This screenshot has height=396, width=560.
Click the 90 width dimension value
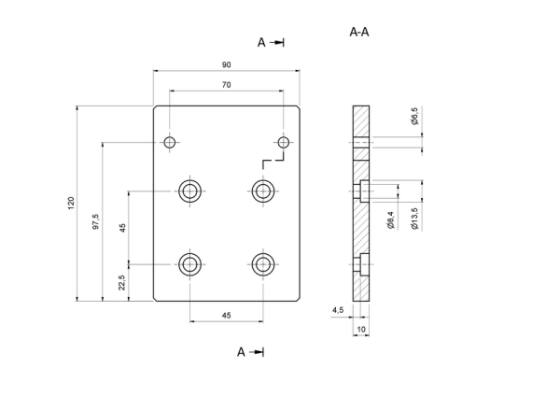click(227, 64)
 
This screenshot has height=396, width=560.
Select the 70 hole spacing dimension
click(227, 85)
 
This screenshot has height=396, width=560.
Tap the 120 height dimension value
click(71, 203)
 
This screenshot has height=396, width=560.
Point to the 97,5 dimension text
click(96, 221)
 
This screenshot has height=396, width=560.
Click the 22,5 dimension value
click(122, 282)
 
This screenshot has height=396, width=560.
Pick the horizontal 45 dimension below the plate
click(227, 316)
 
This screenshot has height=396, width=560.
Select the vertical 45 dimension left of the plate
click(122, 228)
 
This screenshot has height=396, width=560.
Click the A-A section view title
click(359, 32)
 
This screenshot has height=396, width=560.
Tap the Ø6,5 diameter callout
click(414, 116)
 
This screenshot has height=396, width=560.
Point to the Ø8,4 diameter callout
click(390, 220)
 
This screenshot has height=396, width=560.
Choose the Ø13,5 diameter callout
click(414, 219)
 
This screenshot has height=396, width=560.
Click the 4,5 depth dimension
click(338, 310)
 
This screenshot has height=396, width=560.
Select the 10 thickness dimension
click(361, 329)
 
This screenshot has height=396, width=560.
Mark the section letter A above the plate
click(261, 43)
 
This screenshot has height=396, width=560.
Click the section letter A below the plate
click(241, 352)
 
